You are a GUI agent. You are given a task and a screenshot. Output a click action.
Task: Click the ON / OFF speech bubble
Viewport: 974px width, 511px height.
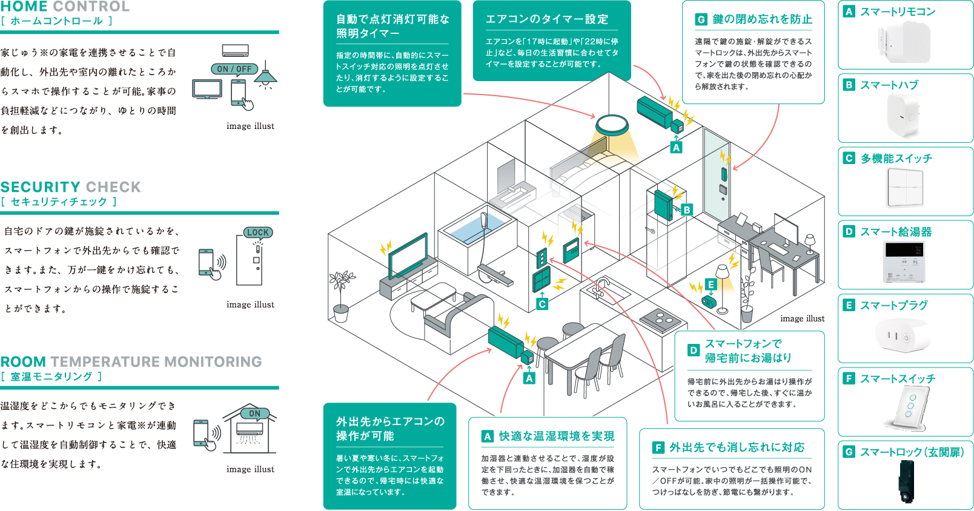(234, 69)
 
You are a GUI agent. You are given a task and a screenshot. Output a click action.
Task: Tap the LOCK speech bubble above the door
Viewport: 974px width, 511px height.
(258, 232)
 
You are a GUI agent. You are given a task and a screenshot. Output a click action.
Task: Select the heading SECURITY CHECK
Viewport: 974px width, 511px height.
(70, 187)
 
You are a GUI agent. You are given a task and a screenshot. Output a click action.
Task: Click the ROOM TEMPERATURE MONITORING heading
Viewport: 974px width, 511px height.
(131, 361)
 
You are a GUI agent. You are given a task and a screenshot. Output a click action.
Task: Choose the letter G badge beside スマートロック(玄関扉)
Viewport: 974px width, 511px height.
(849, 452)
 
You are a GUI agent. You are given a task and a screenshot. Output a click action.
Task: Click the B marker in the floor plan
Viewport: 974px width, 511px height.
(686, 210)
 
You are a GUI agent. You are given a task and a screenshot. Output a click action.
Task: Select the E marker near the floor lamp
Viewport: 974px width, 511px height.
(711, 285)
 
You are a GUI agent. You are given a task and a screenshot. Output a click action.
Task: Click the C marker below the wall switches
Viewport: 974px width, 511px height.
(542, 304)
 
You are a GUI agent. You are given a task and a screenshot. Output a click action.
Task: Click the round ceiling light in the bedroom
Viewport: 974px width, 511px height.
(612, 125)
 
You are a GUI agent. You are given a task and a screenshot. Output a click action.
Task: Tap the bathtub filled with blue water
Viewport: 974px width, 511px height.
(477, 231)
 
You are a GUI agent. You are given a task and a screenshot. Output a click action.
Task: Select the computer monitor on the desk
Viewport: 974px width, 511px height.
(786, 229)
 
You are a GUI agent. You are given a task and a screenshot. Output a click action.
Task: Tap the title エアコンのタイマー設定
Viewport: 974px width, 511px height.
(547, 19)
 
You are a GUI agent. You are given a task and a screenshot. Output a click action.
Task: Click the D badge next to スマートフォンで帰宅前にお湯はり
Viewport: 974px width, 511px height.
(693, 350)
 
